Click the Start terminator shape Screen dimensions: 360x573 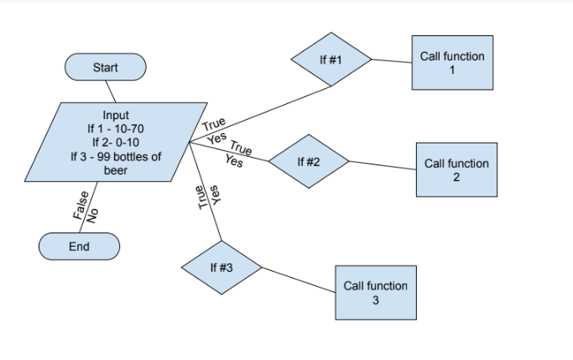click(105, 67)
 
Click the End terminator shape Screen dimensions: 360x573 click(80, 247)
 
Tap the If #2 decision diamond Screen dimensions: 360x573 click(309, 160)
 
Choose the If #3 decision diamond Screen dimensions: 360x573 click(221, 267)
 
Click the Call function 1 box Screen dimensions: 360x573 click(452, 63)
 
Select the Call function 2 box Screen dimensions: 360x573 click(456, 170)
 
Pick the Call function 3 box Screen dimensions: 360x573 click(376, 292)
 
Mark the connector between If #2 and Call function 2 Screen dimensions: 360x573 click(383, 165)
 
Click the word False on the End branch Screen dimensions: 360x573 click(78, 206)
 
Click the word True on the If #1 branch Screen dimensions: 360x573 click(214, 126)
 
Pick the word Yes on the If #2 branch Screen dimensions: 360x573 click(235, 161)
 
